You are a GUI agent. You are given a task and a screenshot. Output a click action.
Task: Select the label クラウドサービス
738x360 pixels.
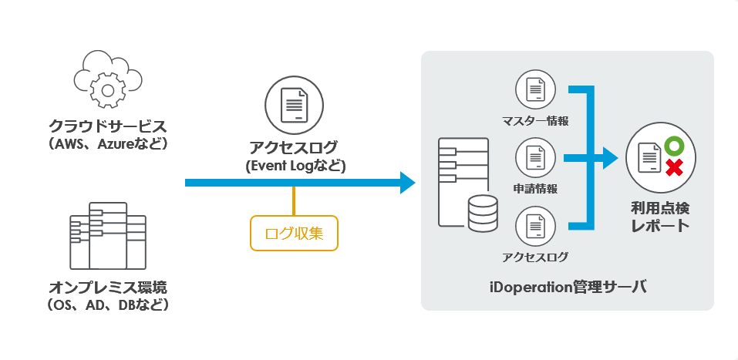108,125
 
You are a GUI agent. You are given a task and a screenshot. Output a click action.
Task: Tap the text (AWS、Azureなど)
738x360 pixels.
108,144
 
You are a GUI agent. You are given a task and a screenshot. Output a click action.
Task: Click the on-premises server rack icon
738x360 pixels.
108,236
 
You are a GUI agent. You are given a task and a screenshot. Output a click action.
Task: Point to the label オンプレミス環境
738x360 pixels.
108,287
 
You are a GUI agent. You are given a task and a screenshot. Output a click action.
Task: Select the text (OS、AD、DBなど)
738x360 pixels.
108,305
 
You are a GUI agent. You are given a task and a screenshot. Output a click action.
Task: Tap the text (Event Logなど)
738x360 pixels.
294,166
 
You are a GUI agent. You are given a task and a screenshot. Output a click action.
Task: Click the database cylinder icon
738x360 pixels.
483,214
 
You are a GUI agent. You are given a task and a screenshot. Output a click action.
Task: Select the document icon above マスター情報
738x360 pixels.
534,92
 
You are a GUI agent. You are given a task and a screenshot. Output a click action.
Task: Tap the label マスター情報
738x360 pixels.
534,122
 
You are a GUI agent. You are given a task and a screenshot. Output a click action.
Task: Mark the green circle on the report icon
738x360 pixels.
673,145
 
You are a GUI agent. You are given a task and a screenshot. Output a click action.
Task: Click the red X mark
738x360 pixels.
673,168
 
